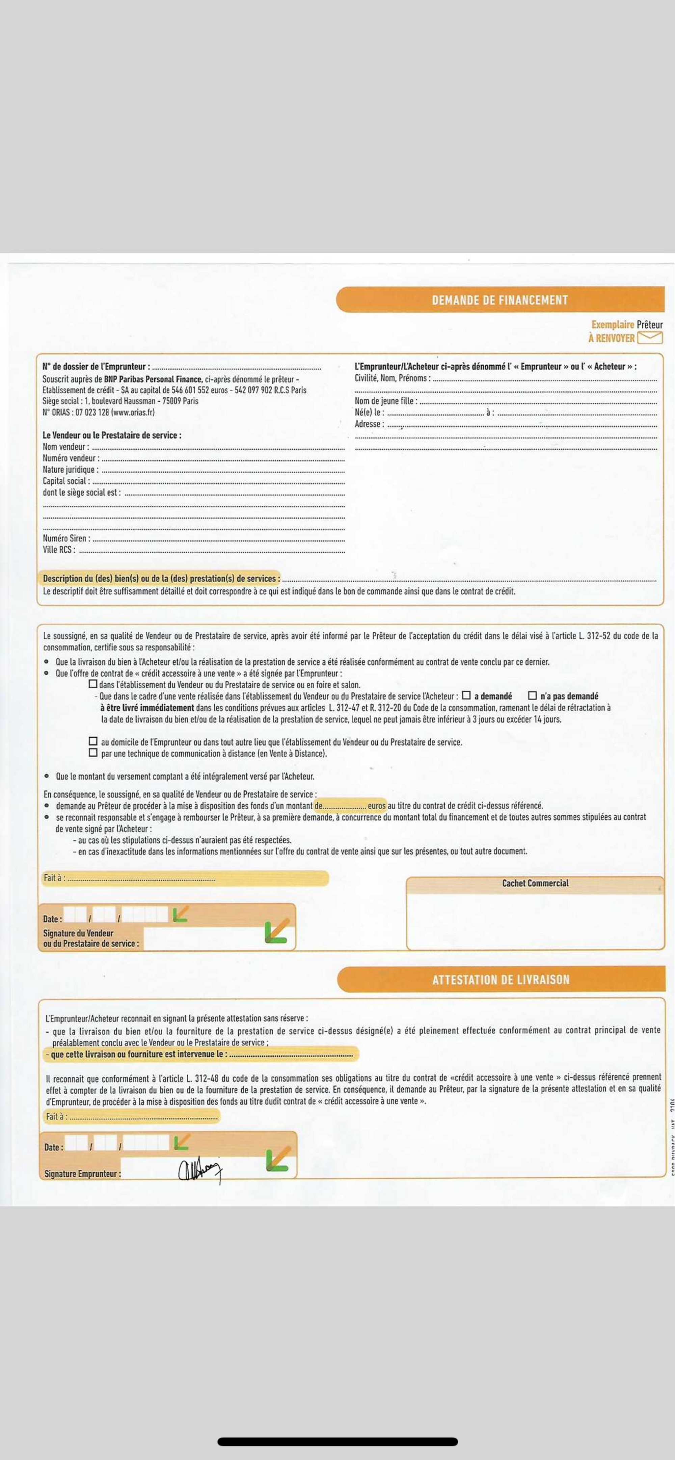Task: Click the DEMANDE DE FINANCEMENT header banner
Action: pyautogui.click(x=500, y=300)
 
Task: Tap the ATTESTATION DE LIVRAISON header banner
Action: pyautogui.click(x=500, y=979)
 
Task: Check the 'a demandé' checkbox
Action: pyautogui.click(x=466, y=696)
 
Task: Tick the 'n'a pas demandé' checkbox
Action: pyautogui.click(x=532, y=696)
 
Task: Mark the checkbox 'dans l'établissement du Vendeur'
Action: pyautogui.click(x=93, y=684)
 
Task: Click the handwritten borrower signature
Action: pyautogui.click(x=200, y=1170)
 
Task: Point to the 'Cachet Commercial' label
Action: pyautogui.click(x=535, y=883)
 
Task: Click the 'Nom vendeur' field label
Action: pyautogui.click(x=65, y=447)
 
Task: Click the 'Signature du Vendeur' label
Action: pyautogui.click(x=78, y=933)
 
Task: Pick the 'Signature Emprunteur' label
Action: pyautogui.click(x=82, y=1174)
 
